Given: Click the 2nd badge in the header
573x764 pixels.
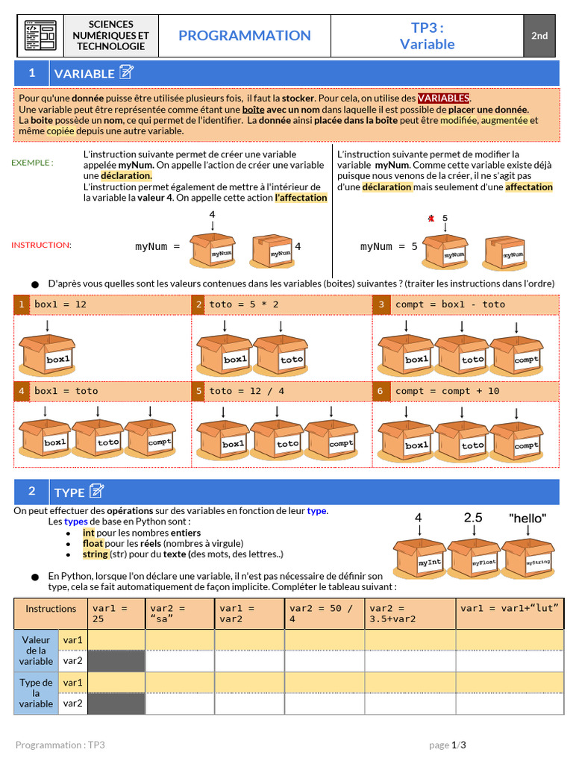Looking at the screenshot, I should (539, 36).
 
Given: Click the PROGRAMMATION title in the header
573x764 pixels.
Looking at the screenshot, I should (245, 36).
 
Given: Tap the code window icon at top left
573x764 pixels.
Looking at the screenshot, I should (40, 35).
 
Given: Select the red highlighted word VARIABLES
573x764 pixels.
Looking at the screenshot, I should (443, 98).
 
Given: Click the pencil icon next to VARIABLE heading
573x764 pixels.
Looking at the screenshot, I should (127, 72).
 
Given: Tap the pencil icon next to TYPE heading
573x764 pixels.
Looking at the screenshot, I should (96, 491).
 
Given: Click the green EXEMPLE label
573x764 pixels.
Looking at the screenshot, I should (32, 162).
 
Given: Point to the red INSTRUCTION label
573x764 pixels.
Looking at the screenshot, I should (41, 245).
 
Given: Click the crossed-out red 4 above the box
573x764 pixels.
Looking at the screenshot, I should (430, 219).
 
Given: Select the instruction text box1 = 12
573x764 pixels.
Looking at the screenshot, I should (60, 304).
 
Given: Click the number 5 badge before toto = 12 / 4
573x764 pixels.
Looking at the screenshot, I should (198, 391).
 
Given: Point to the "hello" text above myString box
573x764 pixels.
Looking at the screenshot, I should (527, 518).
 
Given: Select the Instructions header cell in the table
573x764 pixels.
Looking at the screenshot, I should (51, 609).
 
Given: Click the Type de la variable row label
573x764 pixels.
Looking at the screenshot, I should (36, 693).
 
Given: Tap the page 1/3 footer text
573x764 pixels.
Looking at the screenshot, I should (448, 745).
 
